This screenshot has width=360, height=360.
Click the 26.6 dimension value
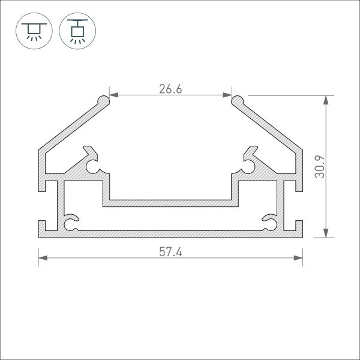[x=170, y=89]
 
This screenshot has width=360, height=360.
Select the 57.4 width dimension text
[x=170, y=252]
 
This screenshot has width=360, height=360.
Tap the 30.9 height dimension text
[x=320, y=167]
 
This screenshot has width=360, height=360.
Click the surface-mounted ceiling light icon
[x=34, y=31]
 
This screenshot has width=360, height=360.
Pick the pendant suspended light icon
[x=77, y=31]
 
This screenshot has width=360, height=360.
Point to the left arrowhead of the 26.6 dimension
[x=114, y=95]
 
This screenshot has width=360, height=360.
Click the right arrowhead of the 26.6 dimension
[x=227, y=95]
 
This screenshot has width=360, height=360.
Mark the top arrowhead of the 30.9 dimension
[x=326, y=100]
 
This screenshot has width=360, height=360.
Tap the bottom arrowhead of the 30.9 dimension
[x=326, y=233]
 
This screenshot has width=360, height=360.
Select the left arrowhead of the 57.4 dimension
[x=43, y=258]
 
